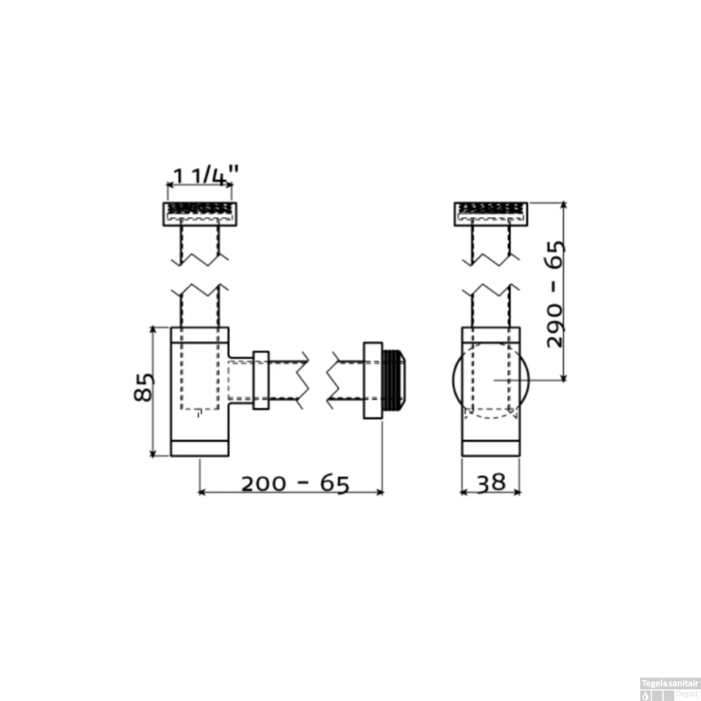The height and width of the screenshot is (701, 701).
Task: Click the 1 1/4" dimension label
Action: [205, 176]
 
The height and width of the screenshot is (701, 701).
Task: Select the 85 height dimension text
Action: [143, 387]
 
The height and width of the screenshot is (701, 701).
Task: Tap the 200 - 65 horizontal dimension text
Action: [295, 484]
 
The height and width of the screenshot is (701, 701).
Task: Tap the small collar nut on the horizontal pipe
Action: [261, 380]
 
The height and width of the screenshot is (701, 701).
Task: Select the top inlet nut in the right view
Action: [491, 214]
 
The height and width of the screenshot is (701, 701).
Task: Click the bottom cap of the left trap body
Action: [200, 448]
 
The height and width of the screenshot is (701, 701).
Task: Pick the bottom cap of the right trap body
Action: [491, 448]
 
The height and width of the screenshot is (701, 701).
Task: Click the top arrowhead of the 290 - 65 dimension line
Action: [564, 205]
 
